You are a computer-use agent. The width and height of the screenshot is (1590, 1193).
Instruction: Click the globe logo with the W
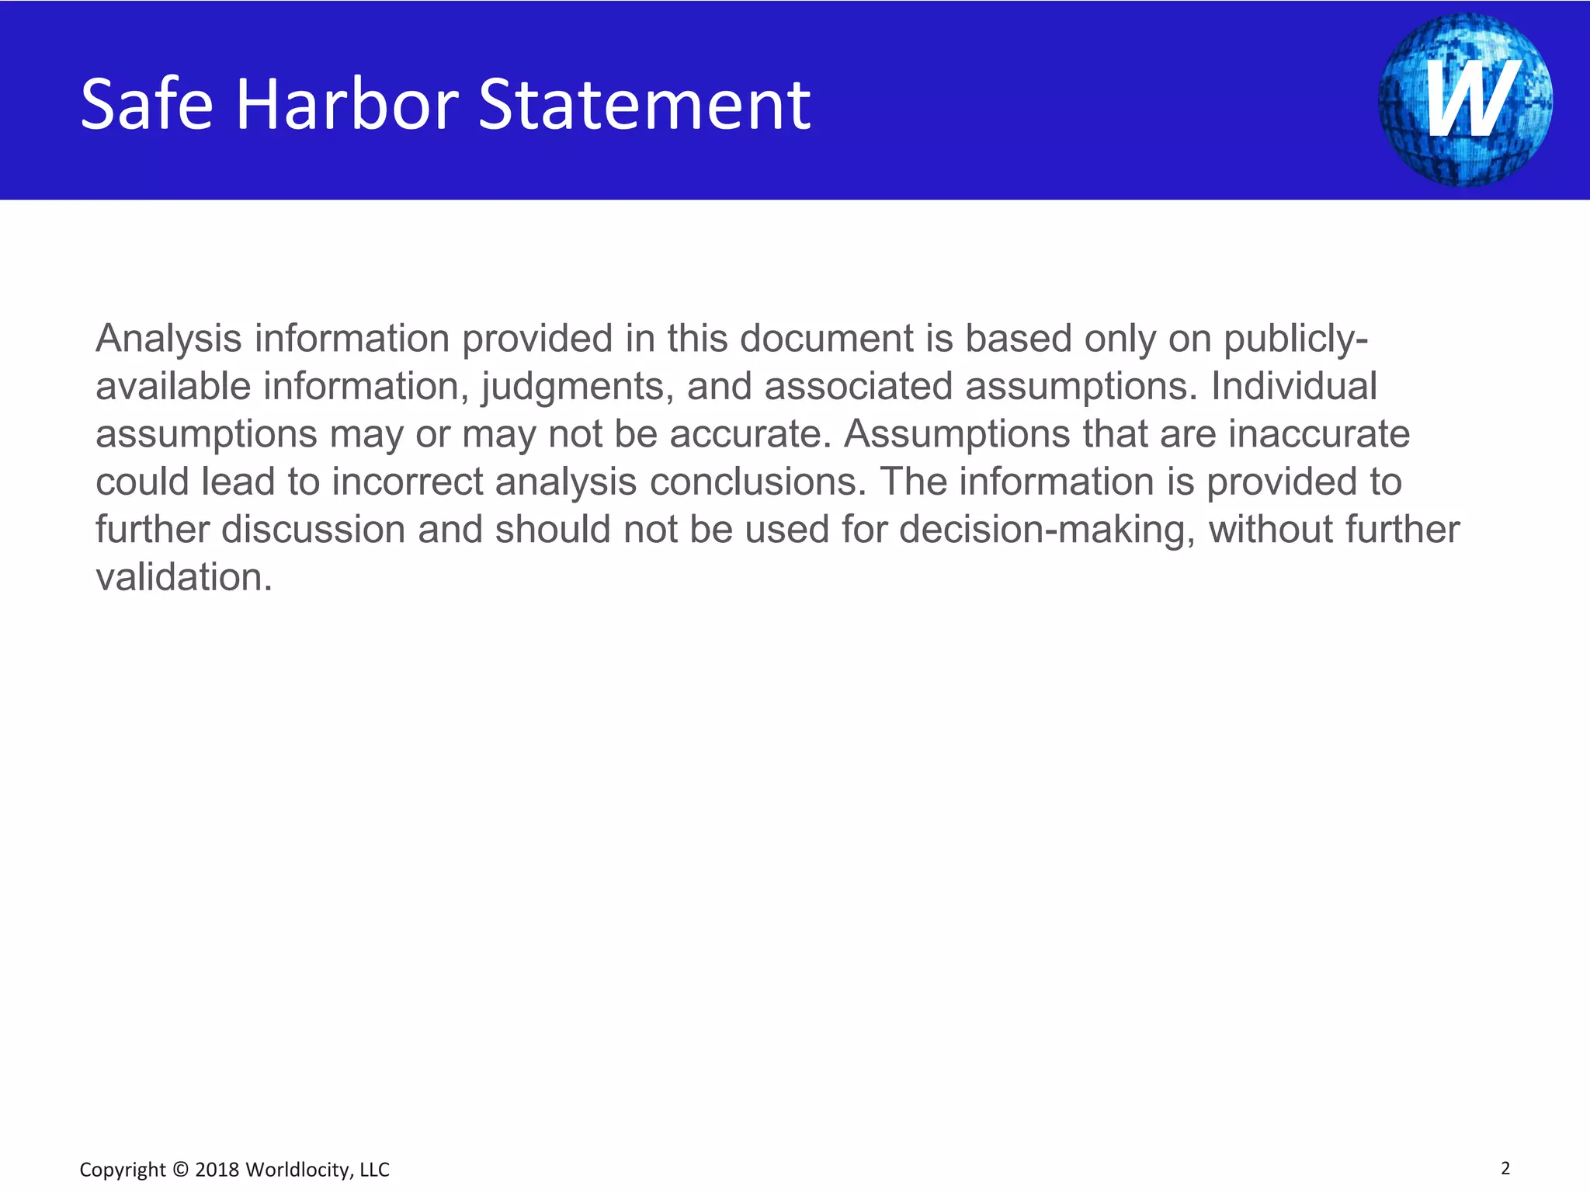1465,99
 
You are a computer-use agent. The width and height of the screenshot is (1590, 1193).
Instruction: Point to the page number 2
1505,1167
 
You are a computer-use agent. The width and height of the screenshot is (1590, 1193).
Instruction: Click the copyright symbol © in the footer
180,1170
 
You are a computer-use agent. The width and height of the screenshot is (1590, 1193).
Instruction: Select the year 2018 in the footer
217,1170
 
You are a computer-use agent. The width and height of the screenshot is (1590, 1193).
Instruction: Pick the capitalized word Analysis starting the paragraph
168,339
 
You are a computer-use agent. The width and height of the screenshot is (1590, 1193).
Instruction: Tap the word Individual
1294,386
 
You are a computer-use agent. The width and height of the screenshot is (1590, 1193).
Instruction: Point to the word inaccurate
1319,433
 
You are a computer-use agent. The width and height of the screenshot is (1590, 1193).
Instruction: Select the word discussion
314,530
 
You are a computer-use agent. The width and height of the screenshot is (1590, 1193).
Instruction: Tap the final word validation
184,577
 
